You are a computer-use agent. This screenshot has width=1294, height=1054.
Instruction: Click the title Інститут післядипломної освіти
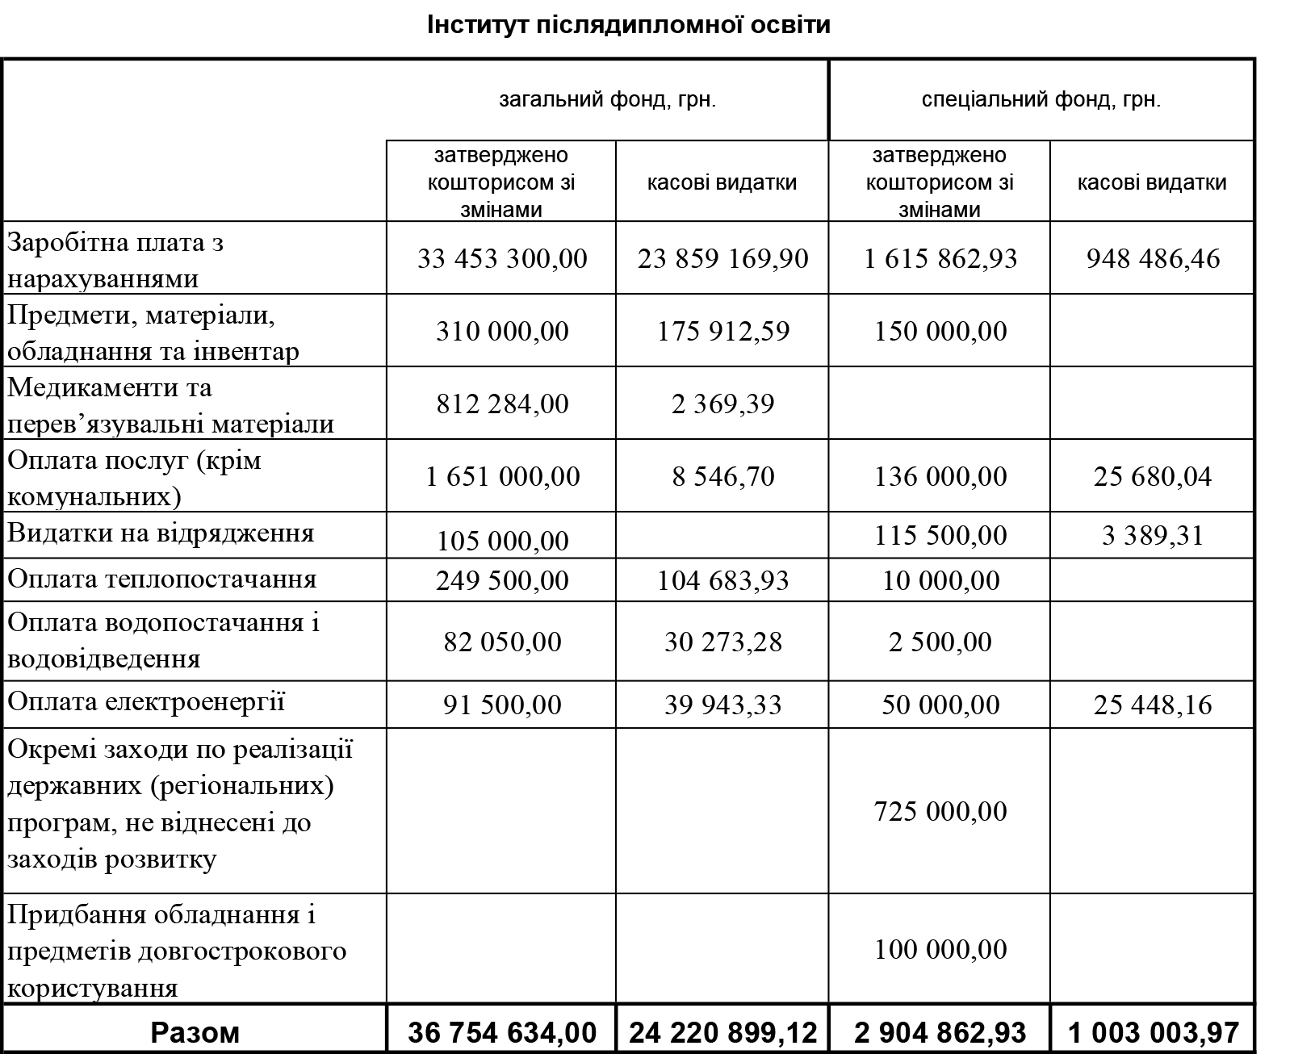pos(628,25)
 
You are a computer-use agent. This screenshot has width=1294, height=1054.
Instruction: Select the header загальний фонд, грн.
pos(607,100)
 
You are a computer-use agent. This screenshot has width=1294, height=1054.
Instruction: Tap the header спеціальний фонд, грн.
pos(1041,100)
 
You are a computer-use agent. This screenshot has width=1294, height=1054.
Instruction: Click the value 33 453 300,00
pos(502,259)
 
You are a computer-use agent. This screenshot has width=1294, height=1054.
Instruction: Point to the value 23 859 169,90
pos(722,259)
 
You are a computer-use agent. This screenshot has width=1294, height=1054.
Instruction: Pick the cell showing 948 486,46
pos(1153,259)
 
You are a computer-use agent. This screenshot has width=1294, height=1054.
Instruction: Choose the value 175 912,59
pos(722,332)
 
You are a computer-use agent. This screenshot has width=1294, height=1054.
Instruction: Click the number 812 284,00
pos(502,404)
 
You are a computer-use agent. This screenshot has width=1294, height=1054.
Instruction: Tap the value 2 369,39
pos(722,404)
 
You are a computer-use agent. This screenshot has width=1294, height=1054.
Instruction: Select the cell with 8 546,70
pos(722,477)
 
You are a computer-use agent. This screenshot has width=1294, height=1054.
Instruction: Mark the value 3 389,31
pos(1153,536)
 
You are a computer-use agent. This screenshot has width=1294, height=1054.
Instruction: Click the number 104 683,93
pos(722,581)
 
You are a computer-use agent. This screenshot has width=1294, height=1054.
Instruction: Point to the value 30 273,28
pos(722,642)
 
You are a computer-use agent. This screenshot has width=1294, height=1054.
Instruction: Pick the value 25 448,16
pos(1153,705)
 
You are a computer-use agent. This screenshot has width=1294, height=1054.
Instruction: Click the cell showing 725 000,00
pos(940,811)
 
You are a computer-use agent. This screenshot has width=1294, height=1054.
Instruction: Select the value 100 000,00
pos(940,949)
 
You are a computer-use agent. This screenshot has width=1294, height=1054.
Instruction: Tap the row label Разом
pos(195,1032)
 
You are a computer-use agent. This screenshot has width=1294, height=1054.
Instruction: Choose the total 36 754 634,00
pos(502,1032)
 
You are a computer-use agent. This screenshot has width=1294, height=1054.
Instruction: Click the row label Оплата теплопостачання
pos(161,579)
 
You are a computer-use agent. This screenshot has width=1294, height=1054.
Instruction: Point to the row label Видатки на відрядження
pos(161,533)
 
